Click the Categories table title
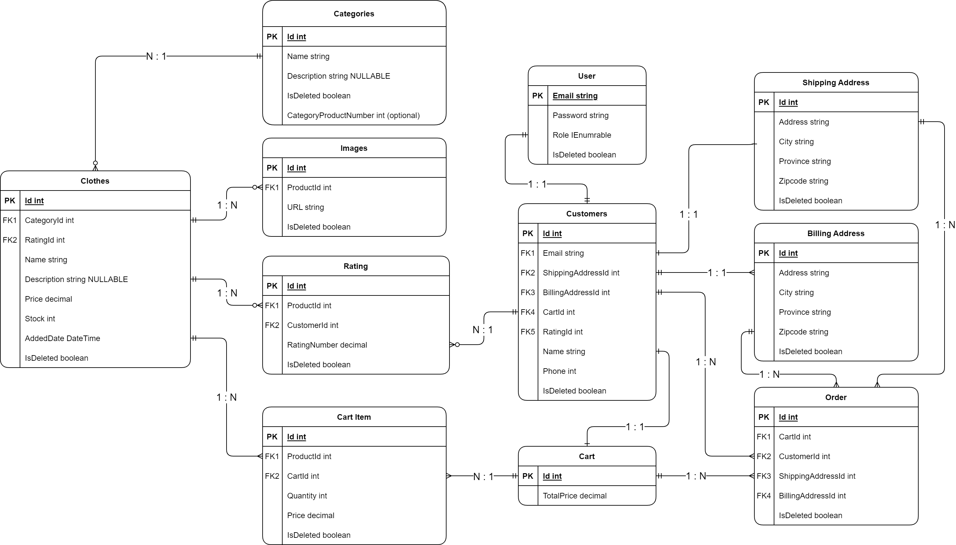354,14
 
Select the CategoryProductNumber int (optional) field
353,115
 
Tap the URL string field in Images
305,207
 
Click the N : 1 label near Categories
156,56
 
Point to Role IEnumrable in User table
582,135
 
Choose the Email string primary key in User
575,96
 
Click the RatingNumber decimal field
327,345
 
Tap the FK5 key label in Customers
528,332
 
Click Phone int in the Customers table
559,371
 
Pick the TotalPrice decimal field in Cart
574,495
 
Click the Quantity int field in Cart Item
307,495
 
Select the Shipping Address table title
836,83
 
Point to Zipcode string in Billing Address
803,332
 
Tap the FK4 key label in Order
763,495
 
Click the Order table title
836,397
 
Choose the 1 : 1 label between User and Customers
537,184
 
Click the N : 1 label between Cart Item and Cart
483,476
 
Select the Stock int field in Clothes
40,318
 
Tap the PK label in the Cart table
528,476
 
